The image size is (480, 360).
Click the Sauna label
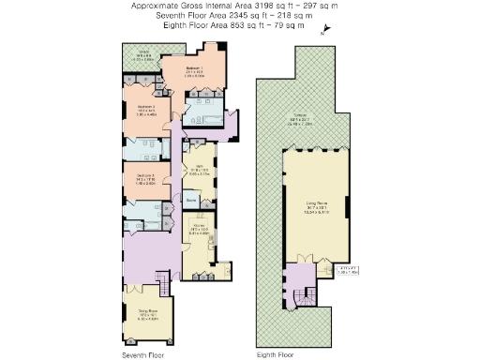(x=190, y=201)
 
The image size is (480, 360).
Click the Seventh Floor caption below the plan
(x=142, y=355)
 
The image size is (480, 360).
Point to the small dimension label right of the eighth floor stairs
(x=348, y=271)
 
